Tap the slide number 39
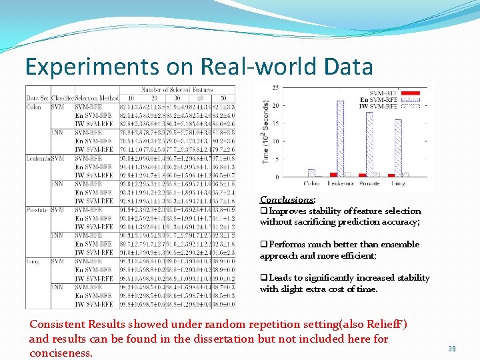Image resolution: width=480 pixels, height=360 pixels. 452,349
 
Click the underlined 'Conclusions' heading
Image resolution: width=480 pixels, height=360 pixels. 287,199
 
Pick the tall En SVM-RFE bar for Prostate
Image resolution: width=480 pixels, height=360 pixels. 369,144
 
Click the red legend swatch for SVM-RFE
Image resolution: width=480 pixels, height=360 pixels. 413,93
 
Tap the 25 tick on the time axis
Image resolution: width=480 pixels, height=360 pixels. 275,87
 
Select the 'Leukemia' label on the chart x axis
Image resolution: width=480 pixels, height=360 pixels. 340,184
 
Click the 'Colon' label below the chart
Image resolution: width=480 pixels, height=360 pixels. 311,184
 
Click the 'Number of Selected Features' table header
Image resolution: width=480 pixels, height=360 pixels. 177,89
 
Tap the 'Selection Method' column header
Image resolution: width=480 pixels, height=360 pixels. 97,98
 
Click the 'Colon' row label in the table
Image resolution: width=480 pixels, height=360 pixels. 34,107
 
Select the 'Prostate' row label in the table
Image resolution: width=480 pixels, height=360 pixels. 37,209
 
